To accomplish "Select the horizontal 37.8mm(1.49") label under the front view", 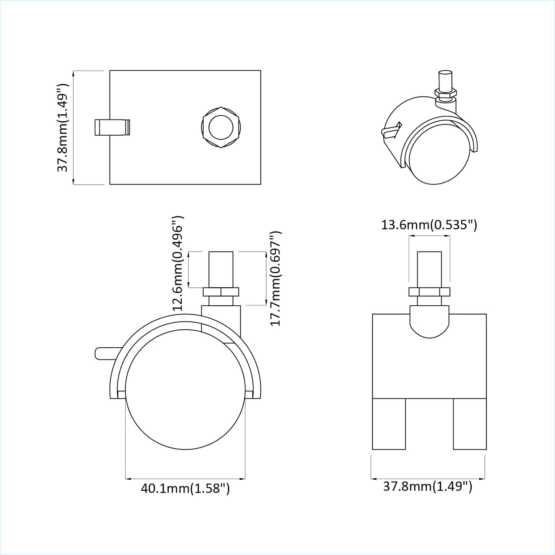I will tap(427, 487).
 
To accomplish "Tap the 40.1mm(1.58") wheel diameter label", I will tap(185, 489).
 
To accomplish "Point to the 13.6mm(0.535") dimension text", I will tap(429, 225).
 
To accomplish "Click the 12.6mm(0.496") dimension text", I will tap(178, 263).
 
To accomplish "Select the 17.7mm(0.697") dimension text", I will tap(276, 278).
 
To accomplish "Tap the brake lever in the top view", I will tap(112, 128).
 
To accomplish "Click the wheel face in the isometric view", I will tap(440, 154).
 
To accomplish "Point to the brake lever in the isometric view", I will tap(391, 131).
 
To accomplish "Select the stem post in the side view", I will tap(221, 269).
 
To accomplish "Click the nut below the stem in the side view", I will tap(221, 292).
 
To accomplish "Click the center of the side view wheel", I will tap(185, 389).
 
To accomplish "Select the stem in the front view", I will tap(429, 269).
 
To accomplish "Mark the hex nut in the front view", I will tap(429, 292).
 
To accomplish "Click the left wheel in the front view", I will tap(389, 424).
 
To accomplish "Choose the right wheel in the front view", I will tap(470, 424).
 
